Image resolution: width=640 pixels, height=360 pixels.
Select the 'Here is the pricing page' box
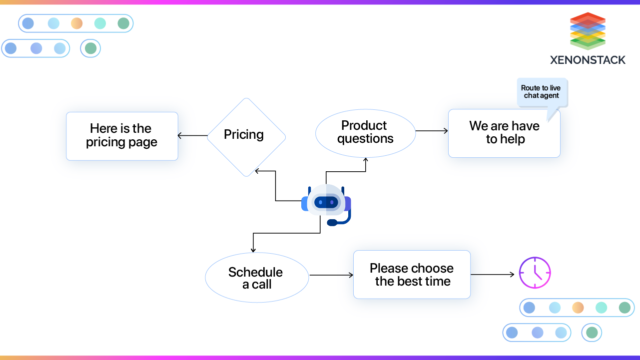(x=122, y=136)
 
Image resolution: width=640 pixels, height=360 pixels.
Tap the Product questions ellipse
(x=365, y=133)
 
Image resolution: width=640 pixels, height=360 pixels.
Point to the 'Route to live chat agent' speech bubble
(x=542, y=92)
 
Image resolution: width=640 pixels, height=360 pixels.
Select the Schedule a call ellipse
(x=257, y=278)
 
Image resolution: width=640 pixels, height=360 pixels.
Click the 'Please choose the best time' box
(x=412, y=275)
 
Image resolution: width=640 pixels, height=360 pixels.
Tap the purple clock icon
(x=535, y=273)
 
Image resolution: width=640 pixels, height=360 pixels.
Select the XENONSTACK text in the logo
(x=588, y=60)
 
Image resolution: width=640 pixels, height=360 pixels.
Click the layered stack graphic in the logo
(x=588, y=30)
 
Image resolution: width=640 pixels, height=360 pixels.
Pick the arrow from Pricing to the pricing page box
(x=192, y=135)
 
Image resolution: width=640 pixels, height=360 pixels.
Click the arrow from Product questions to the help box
(x=432, y=131)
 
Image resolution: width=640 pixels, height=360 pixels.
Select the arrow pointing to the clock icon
(x=493, y=274)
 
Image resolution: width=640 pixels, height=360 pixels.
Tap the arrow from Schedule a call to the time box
(x=331, y=275)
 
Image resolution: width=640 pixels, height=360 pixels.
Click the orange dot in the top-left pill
(x=76, y=23)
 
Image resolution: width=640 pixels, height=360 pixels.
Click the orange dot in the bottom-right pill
(x=578, y=308)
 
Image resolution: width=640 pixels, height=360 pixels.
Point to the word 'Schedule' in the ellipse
(x=255, y=272)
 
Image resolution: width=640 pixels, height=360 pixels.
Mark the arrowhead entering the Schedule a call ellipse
(x=253, y=249)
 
